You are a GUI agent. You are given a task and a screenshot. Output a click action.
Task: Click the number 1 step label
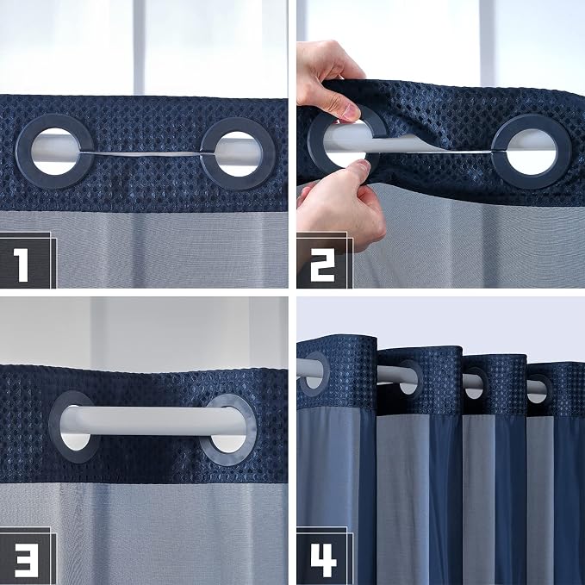pyautogui.click(x=21, y=264)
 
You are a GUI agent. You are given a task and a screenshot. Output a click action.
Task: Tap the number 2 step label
pyautogui.click(x=322, y=264)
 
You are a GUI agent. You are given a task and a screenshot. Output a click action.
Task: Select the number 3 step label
pyautogui.click(x=25, y=560)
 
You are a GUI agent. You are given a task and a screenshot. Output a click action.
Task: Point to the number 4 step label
pyautogui.click(x=323, y=560)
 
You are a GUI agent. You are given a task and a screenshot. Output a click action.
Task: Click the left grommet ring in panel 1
pyautogui.click(x=23, y=151)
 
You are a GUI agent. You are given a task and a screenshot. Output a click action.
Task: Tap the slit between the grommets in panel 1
pyautogui.click(x=140, y=153)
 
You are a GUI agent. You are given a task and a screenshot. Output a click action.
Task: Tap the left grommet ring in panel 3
pyautogui.click(x=55, y=427)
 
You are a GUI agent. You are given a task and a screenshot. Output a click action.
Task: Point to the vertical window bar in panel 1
pyautogui.click(x=139, y=47)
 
